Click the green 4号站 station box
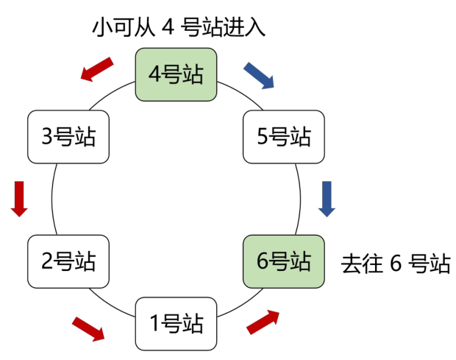pos(176,74)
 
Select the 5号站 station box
pos(284,137)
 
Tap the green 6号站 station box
pos(284,261)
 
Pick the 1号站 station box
pos(176,324)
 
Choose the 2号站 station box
pos(68,261)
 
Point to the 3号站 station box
pos(68,137)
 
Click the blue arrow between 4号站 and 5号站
pos(259,75)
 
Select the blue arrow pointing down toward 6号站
pos(327,199)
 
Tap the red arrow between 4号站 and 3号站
pos(97,69)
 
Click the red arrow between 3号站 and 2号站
pos(19,199)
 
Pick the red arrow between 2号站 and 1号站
pos(88,329)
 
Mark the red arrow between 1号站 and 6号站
pos(263,322)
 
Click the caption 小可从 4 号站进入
pos(179,28)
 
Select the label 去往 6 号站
pos(396,264)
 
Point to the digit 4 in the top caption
pos(168,28)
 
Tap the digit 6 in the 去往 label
pos(396,264)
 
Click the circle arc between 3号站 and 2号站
pos(52,199)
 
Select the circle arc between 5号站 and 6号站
pos(300,199)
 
